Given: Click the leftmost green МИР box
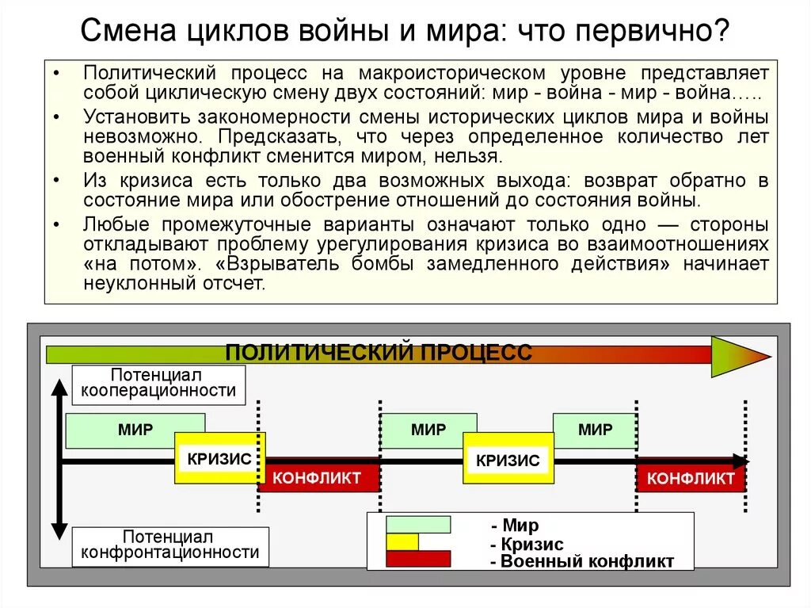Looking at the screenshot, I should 135,430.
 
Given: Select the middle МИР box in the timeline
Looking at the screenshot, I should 428,430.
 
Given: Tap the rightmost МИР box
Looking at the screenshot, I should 595,430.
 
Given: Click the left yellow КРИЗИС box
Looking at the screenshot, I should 219,458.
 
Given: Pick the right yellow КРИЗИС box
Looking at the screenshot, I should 508,460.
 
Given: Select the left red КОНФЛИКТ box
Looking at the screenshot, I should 317,478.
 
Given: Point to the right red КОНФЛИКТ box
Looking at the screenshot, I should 691,479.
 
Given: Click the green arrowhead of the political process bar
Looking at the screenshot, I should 737,356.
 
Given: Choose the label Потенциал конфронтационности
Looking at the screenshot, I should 170,545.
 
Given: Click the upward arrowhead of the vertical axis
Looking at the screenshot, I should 59,388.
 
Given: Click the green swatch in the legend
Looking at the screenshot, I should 417,525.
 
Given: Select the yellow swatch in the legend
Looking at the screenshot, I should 402,541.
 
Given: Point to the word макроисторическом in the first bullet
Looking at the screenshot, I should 452,73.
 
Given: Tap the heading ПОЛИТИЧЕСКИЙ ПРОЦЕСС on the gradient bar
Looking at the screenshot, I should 379,353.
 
